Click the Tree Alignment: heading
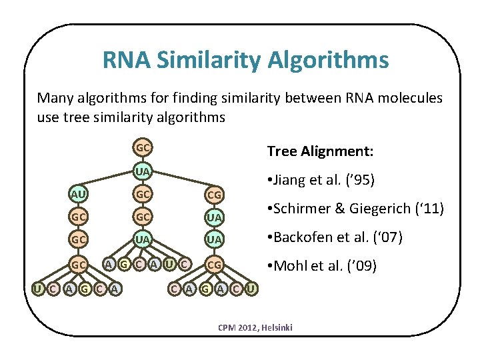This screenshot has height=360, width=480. [x=320, y=151]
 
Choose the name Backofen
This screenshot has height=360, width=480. [x=305, y=237]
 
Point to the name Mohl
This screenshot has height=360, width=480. [x=290, y=266]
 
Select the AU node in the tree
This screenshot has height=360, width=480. [x=79, y=194]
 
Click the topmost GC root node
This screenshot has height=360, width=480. [x=143, y=147]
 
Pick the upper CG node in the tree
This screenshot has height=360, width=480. [x=215, y=195]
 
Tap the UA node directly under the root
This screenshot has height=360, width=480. [x=143, y=171]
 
